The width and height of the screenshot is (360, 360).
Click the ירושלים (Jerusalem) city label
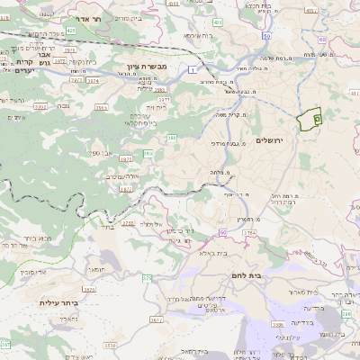270,140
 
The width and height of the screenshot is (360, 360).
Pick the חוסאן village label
99,268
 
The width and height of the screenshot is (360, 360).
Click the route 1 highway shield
193,69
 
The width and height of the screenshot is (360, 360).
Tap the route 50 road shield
267,36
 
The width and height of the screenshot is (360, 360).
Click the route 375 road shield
147,277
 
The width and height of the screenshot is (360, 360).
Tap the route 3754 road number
248,233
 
